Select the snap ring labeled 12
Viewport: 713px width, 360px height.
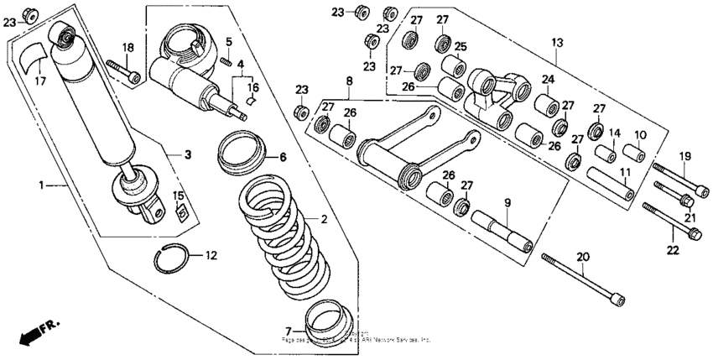(x=174, y=260)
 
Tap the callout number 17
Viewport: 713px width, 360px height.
(x=40, y=81)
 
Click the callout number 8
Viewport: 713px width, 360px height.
(x=347, y=80)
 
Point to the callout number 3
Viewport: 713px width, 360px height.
(x=188, y=154)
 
